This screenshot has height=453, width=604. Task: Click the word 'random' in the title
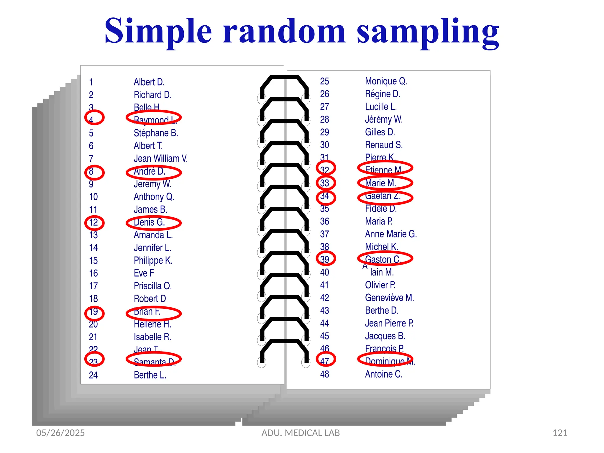point(284,32)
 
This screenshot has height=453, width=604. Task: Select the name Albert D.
point(149,82)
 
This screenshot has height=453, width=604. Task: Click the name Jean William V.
point(160,159)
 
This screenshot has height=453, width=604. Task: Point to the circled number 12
point(94,222)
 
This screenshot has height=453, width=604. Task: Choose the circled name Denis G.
point(150,222)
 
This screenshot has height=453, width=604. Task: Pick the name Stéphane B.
point(156,133)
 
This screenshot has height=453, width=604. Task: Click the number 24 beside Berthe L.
point(93,375)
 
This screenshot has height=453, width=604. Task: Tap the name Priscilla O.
point(152,286)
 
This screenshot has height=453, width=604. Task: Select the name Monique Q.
point(386,81)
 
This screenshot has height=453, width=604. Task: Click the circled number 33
point(325,183)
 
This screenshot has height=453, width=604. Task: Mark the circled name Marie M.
point(381,183)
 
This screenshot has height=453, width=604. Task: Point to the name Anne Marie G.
point(391,234)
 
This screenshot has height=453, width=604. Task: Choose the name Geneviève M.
point(389,298)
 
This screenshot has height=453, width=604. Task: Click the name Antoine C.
point(383,374)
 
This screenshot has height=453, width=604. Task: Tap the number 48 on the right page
point(324,374)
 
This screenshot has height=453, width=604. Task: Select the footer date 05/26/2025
point(60,433)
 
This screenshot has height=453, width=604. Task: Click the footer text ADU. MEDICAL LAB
point(301,433)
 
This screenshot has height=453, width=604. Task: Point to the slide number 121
point(560,433)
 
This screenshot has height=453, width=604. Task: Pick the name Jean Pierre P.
point(389,324)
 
